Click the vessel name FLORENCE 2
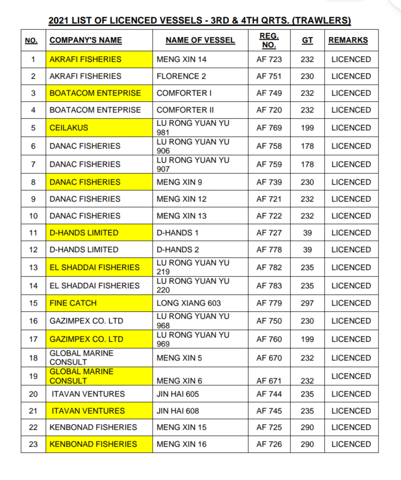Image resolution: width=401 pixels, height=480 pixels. point(178,76)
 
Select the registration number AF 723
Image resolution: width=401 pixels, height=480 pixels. point(269,59)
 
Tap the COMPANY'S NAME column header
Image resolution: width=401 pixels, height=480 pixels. point(86,40)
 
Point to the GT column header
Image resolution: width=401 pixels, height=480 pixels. point(307,40)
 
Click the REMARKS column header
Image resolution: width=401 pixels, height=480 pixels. point(348,40)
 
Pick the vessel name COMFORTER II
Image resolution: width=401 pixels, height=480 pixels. point(185,110)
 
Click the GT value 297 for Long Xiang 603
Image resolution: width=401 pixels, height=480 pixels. point(307,303)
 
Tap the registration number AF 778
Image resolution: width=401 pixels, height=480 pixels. point(269,249)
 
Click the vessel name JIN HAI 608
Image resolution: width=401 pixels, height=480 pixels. point(178,411)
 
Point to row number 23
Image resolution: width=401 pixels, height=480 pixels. point(33,444)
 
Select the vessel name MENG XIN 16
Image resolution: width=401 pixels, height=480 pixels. point(181,444)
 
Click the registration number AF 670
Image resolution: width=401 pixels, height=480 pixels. point(269,358)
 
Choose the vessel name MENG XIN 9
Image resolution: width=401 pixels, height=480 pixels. point(179,182)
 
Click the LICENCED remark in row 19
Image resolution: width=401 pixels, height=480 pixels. point(351,376)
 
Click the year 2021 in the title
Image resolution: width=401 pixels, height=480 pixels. point(58,21)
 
